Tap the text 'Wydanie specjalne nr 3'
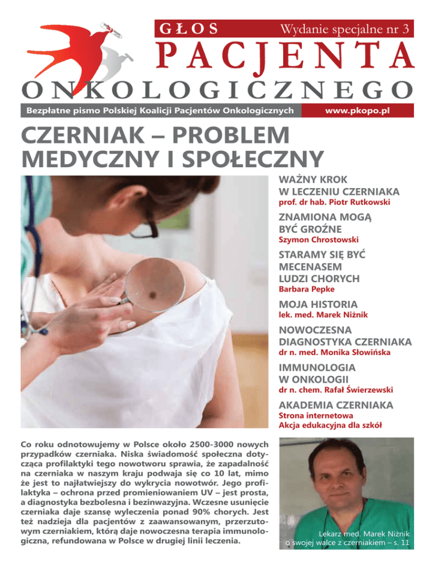[x=345, y=28]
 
